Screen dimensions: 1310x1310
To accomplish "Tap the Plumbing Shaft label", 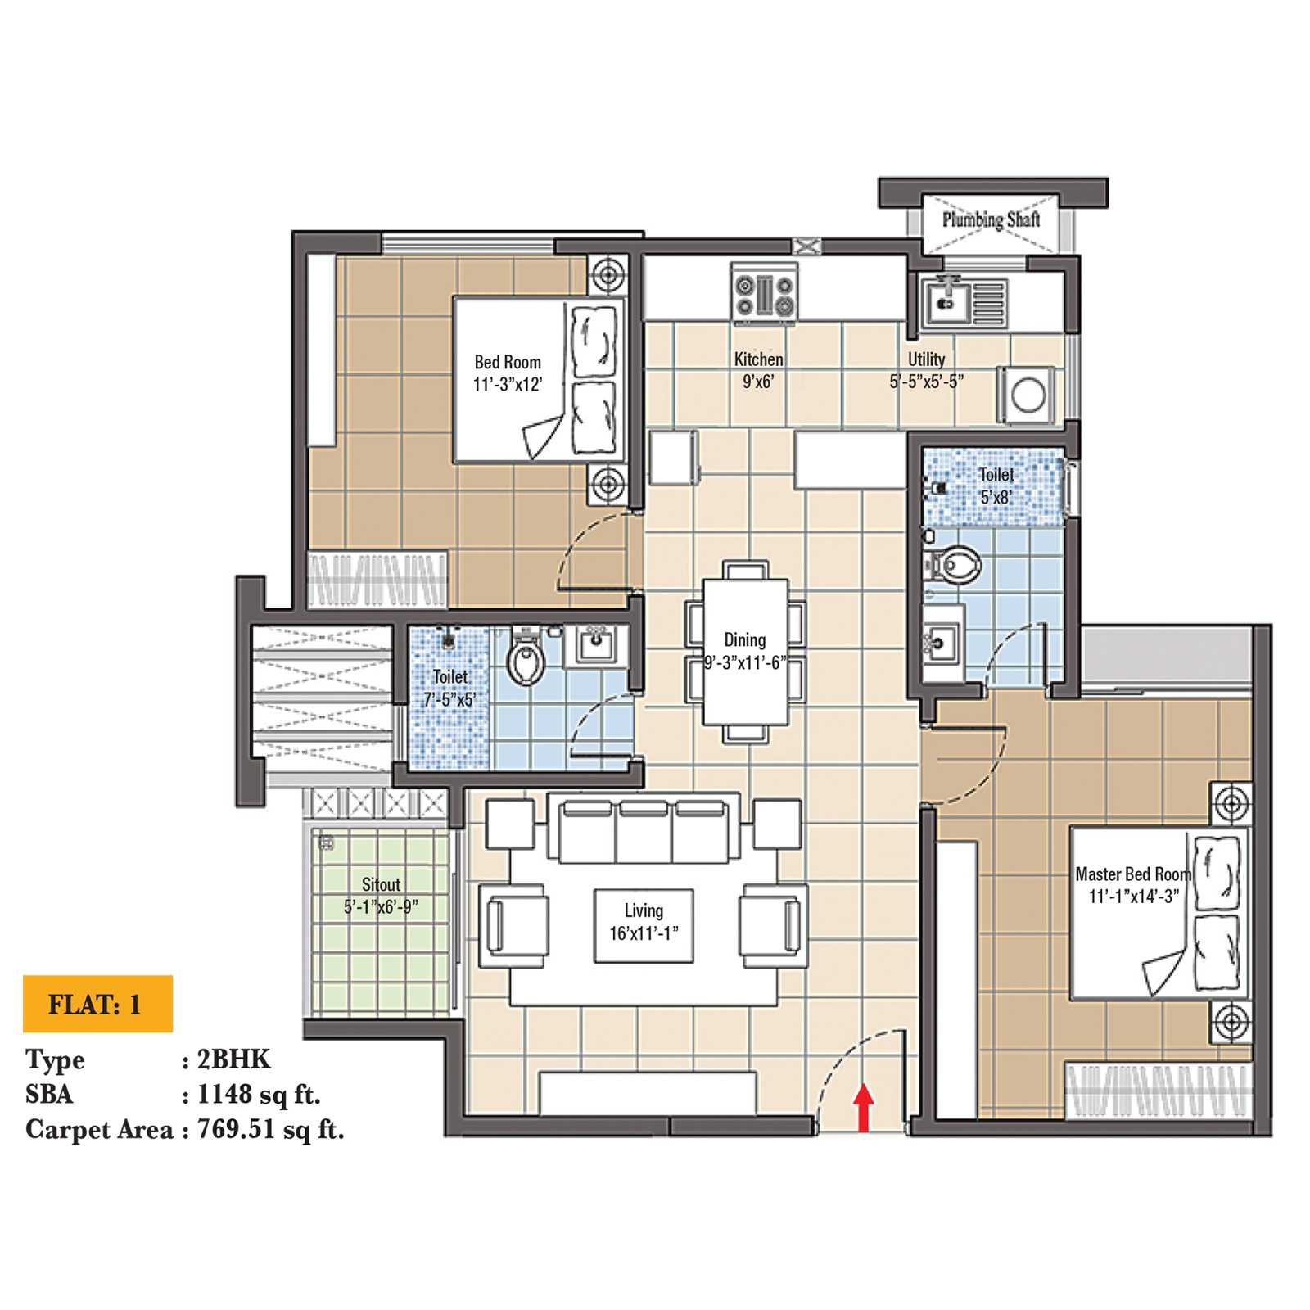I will coord(990,219).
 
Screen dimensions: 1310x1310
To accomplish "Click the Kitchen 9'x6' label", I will coord(758,370).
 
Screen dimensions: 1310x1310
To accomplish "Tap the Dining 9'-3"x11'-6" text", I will coord(745,652).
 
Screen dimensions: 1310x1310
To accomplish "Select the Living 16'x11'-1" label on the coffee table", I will coord(644,922).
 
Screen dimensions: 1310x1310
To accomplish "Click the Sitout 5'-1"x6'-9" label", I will coord(381,895).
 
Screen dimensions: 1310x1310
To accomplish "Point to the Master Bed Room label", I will coord(1133,885).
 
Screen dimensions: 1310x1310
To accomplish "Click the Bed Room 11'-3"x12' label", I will coord(508,373).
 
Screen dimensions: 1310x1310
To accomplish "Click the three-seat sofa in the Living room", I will coord(644,832).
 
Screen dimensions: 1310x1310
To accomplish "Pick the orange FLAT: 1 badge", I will coord(97,1004).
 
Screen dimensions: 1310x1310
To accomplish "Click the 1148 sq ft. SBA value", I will coord(259,1095).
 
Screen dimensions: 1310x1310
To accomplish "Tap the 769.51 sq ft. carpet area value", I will coord(270,1130).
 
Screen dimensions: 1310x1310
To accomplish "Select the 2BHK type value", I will coord(233,1059).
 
